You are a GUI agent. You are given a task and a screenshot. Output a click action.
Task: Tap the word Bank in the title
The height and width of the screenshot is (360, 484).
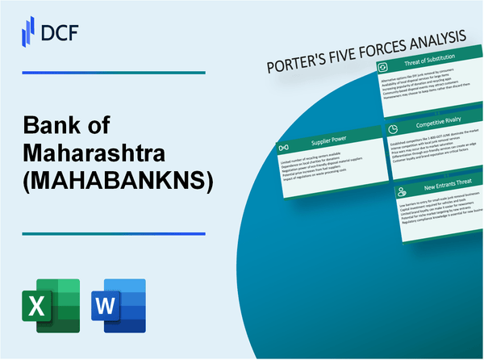[52, 125]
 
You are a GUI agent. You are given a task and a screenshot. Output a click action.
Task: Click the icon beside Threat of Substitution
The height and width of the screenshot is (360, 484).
[384, 67]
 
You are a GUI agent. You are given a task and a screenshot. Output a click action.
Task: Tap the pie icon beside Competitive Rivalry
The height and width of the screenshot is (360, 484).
[391, 129]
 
